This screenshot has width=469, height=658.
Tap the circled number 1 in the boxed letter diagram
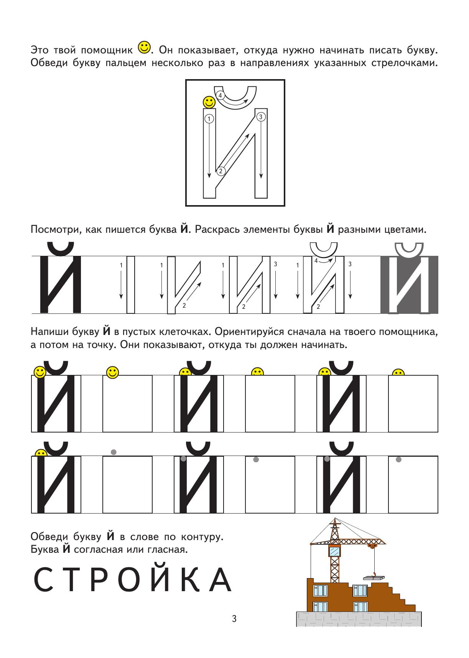coord(209,119)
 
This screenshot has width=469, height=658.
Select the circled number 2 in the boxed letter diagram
coord(221,171)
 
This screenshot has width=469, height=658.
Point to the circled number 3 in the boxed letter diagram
coord(261,117)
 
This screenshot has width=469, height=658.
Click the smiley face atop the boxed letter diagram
coord(209,102)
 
